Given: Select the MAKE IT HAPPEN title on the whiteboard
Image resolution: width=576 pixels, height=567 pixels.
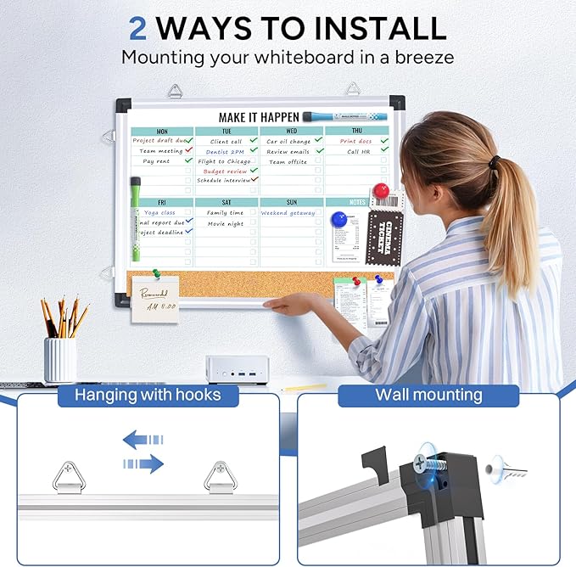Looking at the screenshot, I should coord(260,117).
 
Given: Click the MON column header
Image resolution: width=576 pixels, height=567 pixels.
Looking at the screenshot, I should coord(161,132).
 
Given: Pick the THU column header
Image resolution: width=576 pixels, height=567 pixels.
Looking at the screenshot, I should coord(356,132).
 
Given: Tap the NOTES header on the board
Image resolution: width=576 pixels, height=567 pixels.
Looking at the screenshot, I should coord(357,202).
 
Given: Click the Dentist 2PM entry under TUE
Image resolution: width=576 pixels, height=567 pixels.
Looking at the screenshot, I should coord(225,151).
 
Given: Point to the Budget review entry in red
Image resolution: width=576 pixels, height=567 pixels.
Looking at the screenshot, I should coord(225,171).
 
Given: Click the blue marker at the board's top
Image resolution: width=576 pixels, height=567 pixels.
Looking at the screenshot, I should coord(356,116).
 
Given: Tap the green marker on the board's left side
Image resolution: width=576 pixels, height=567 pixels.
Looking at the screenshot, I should coord(135,213).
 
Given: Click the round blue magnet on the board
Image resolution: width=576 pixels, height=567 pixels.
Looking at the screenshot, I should coord(340,220).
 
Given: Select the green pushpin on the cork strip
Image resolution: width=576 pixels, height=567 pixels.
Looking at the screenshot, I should coord(155,274).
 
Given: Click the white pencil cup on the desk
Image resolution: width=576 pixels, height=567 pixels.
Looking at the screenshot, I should coord(60,360).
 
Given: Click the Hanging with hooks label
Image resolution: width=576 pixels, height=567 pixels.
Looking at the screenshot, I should coord(148,395).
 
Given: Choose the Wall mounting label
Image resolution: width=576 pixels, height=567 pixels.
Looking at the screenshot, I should coord(428,395).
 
